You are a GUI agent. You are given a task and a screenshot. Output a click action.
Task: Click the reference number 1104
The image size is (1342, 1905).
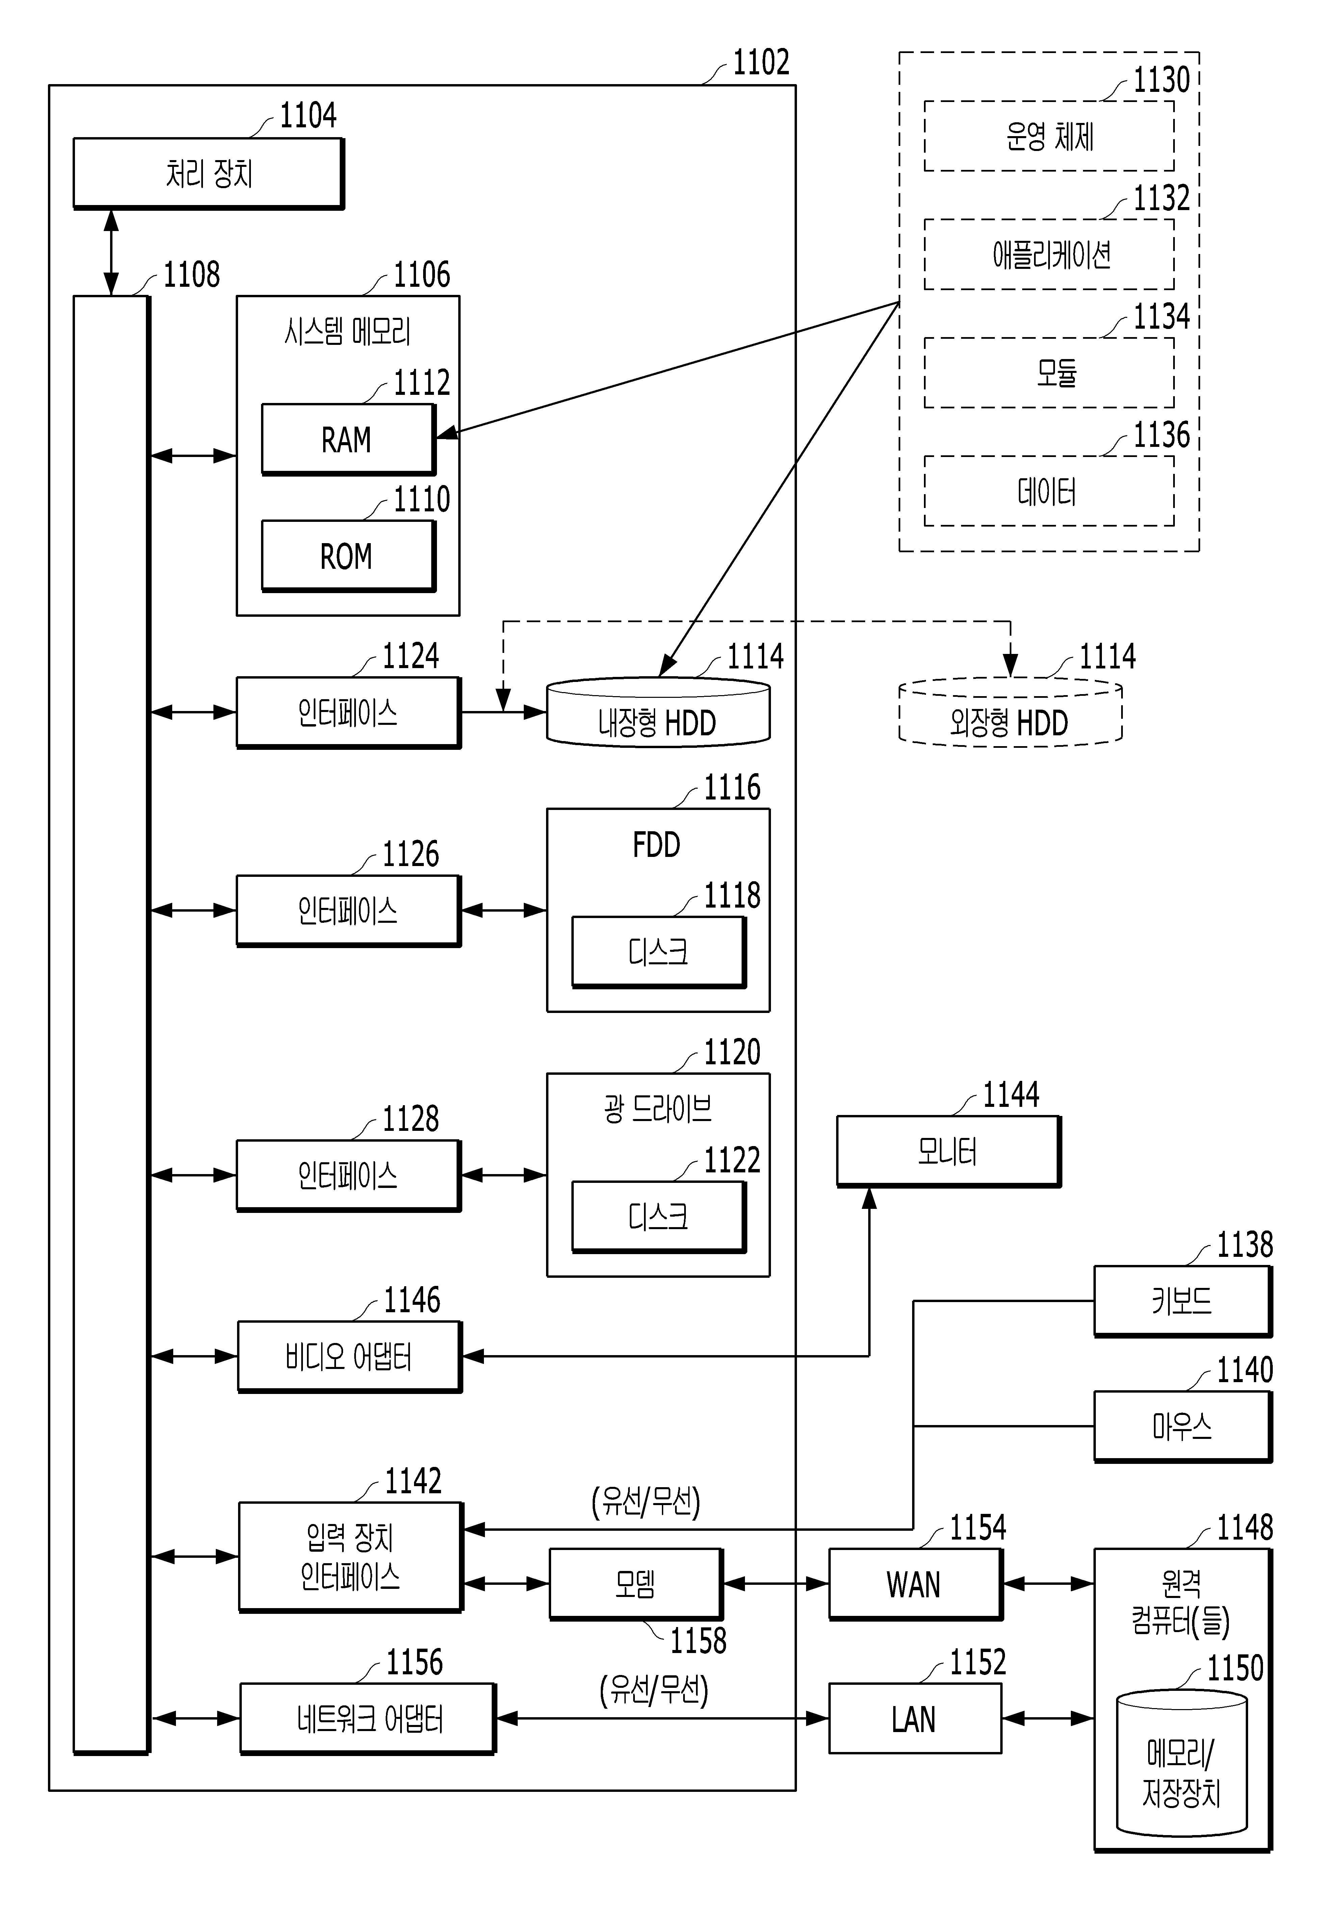click(x=308, y=115)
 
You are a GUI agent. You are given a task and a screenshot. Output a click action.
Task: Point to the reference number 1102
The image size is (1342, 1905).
click(x=760, y=62)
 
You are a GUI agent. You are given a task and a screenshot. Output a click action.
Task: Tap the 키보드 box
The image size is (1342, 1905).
click(x=1183, y=1301)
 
